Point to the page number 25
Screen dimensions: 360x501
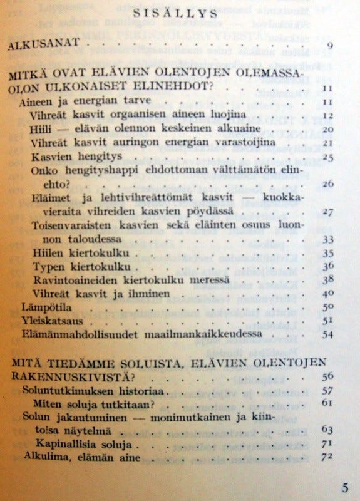(x=327, y=156)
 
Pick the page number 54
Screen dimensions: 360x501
(x=327, y=334)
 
